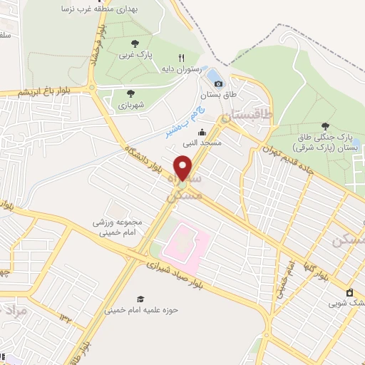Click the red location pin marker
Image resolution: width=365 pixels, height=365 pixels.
point(183,167)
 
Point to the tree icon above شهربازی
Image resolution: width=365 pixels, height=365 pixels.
point(130,93)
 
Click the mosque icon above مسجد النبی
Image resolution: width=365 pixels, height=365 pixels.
point(202,132)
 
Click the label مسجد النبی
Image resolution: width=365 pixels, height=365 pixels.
point(197,143)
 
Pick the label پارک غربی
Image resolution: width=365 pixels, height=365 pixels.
point(135,54)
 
